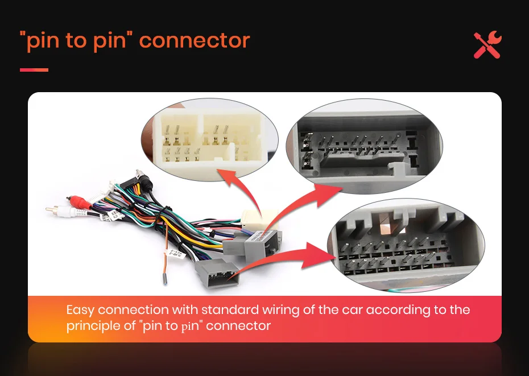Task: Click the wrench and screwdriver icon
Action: (x=487, y=45)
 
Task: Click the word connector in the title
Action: (x=195, y=41)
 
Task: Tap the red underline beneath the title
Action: (x=34, y=70)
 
